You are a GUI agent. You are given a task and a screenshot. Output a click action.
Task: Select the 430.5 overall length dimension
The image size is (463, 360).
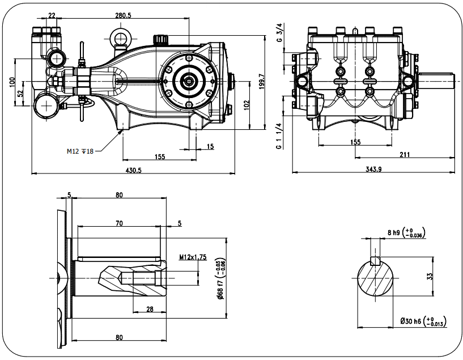click(132, 170)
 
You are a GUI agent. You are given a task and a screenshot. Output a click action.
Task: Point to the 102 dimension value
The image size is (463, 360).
click(245, 105)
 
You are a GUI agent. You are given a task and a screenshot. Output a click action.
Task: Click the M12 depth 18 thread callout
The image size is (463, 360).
click(79, 151)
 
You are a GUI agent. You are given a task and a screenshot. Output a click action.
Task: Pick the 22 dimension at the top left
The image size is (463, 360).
click(52, 15)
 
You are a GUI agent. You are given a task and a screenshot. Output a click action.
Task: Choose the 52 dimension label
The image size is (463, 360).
click(20, 93)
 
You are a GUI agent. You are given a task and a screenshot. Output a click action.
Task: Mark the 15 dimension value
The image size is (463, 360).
click(211, 147)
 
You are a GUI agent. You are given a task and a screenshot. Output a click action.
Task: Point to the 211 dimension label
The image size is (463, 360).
click(405, 154)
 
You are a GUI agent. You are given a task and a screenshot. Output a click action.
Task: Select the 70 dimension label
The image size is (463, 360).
click(119, 223)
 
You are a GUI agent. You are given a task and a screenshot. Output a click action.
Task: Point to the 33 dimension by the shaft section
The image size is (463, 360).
click(430, 277)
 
